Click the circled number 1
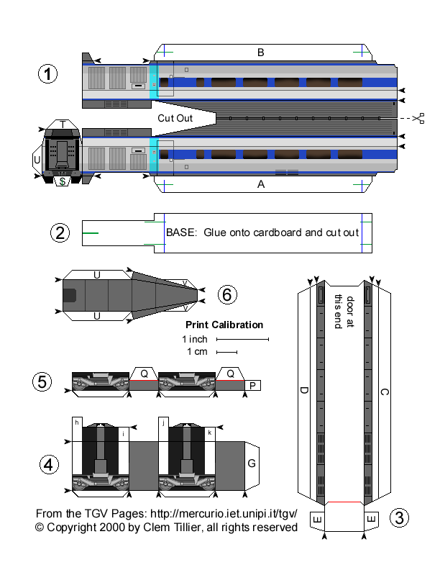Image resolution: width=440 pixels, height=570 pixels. [x=47, y=75]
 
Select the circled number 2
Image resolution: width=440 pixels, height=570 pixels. [x=60, y=232]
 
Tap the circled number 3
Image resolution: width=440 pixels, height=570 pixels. [x=400, y=517]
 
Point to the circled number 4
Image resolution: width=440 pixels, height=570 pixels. [x=47, y=466]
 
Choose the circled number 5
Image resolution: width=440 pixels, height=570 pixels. [x=43, y=382]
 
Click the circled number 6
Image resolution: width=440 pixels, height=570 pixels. [x=226, y=294]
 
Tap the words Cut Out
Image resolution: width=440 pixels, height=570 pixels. [x=175, y=117]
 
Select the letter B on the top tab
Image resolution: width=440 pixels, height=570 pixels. [x=261, y=52]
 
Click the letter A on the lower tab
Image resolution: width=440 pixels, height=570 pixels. [x=261, y=184]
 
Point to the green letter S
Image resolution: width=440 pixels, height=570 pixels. [x=63, y=181]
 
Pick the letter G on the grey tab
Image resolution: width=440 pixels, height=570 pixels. [x=252, y=463]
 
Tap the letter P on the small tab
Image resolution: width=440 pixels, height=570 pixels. [x=252, y=386]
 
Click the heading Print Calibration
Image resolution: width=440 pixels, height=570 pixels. [x=224, y=325]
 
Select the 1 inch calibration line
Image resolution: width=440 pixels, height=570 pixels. [x=242, y=338]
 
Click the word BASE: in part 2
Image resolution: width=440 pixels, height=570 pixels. [x=182, y=232]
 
